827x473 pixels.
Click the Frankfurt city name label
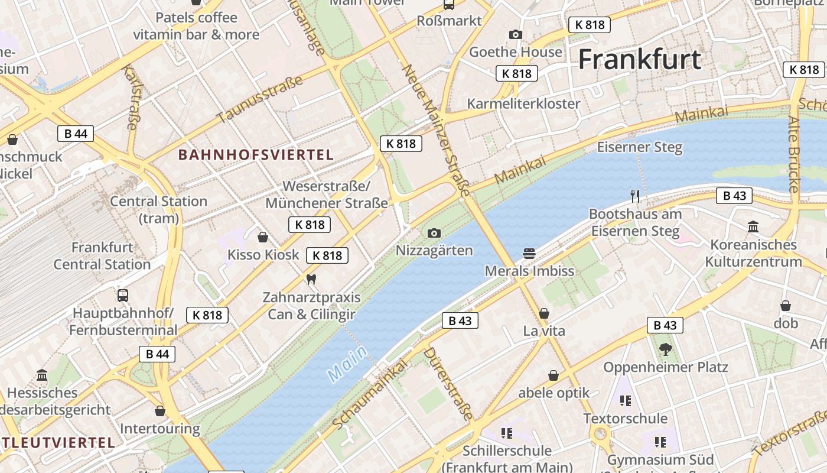pyautogui.click(x=639, y=60)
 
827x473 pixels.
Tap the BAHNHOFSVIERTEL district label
pyautogui.click(x=256, y=155)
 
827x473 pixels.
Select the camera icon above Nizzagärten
pyautogui.click(x=434, y=234)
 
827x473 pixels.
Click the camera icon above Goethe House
pyautogui.click(x=516, y=35)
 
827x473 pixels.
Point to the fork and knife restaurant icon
pyautogui.click(x=635, y=196)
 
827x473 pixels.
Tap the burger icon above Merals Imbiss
pyautogui.click(x=529, y=254)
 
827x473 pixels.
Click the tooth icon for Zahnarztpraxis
pyautogui.click(x=311, y=279)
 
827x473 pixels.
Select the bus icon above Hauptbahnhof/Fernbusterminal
pyautogui.click(x=123, y=295)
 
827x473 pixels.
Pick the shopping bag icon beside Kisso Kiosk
pyautogui.click(x=263, y=237)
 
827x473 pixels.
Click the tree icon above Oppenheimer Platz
pyautogui.click(x=666, y=349)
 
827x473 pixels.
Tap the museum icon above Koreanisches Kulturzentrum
pyautogui.click(x=753, y=226)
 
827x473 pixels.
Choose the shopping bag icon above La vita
pyautogui.click(x=544, y=313)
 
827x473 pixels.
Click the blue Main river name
pyautogui.click(x=347, y=363)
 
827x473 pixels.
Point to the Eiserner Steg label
pyautogui.click(x=640, y=147)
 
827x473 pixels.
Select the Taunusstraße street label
pyautogui.click(x=260, y=99)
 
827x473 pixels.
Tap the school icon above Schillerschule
pyautogui.click(x=506, y=433)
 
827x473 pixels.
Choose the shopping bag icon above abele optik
pyautogui.click(x=553, y=375)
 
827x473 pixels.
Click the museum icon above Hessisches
pyautogui.click(x=42, y=375)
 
